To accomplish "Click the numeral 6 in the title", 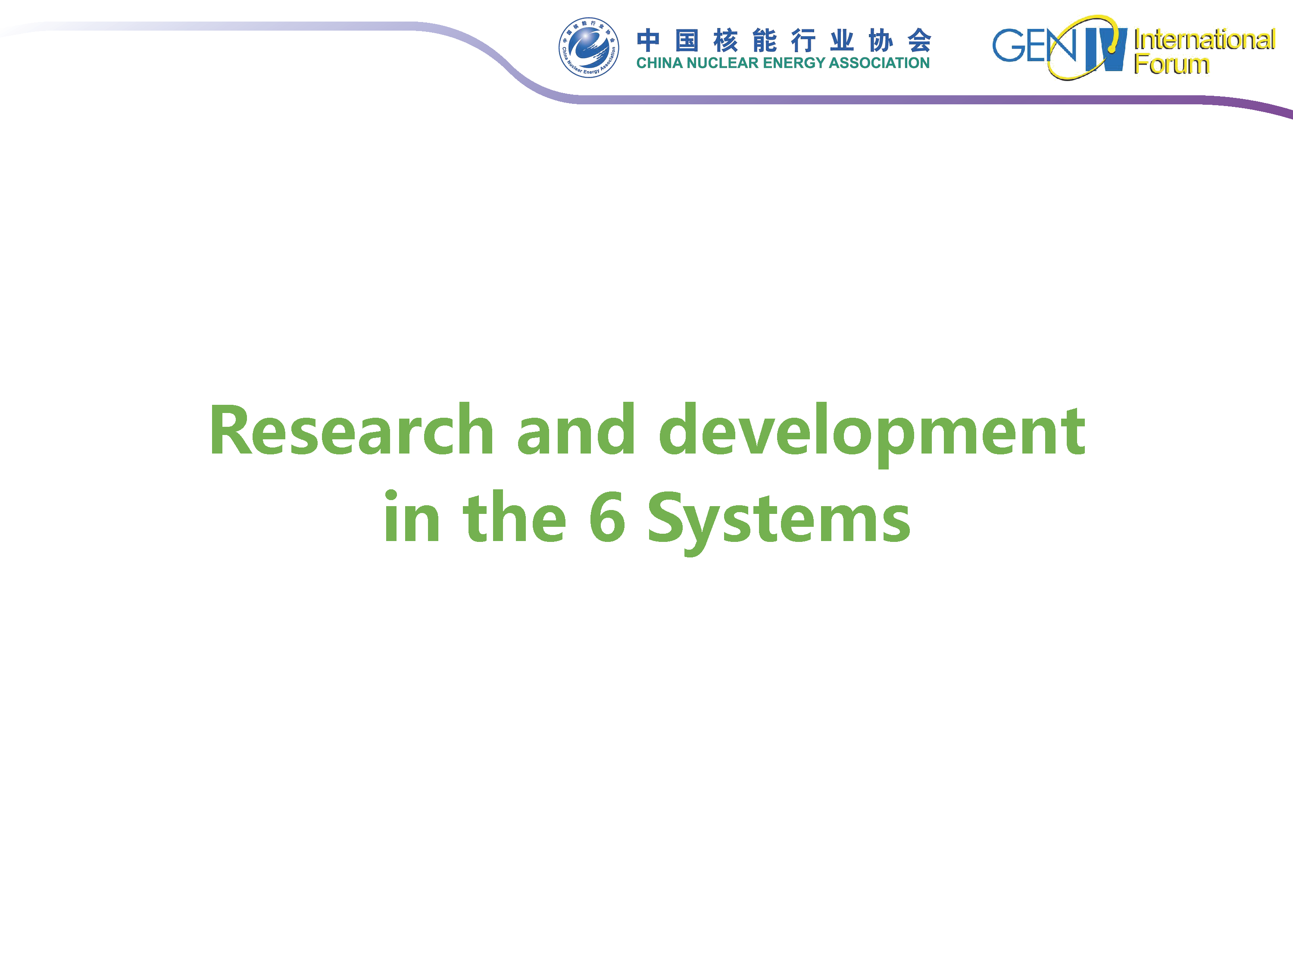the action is [607, 517].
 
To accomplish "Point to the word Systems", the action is [779, 522].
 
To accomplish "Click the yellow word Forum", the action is [1171, 64].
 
